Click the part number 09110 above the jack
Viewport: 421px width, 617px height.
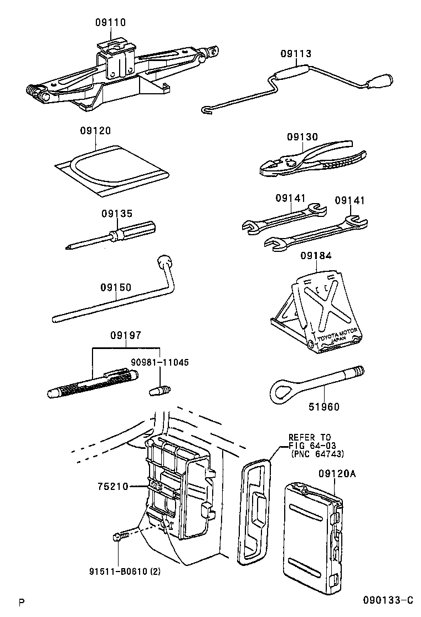pos(110,23)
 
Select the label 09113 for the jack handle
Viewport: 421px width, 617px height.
pos(295,54)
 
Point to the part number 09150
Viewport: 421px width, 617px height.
pos(116,287)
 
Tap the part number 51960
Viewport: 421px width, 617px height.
pos(324,407)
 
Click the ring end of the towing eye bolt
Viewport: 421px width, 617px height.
pos(281,391)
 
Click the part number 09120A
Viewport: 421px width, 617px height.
pos(337,473)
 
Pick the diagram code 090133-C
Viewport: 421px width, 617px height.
pos(388,600)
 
